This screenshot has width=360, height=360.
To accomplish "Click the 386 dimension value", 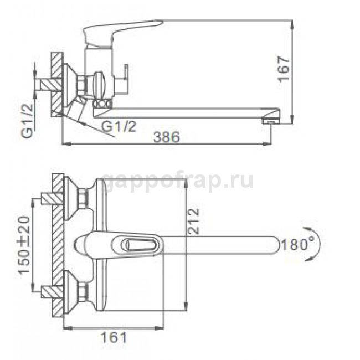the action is pos(166,137).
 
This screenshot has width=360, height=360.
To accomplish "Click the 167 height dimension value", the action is pos(284,69).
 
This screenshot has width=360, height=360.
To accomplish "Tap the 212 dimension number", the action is pos(193,221).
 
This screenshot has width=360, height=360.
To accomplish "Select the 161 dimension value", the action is pos(114,337).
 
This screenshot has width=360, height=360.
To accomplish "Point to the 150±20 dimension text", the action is pos(24,245).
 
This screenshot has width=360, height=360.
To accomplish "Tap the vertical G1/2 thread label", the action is pos(28,121).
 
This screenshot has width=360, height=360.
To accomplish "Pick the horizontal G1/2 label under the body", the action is pos(119,126).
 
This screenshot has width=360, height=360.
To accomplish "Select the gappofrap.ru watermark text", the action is pos(177,181).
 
